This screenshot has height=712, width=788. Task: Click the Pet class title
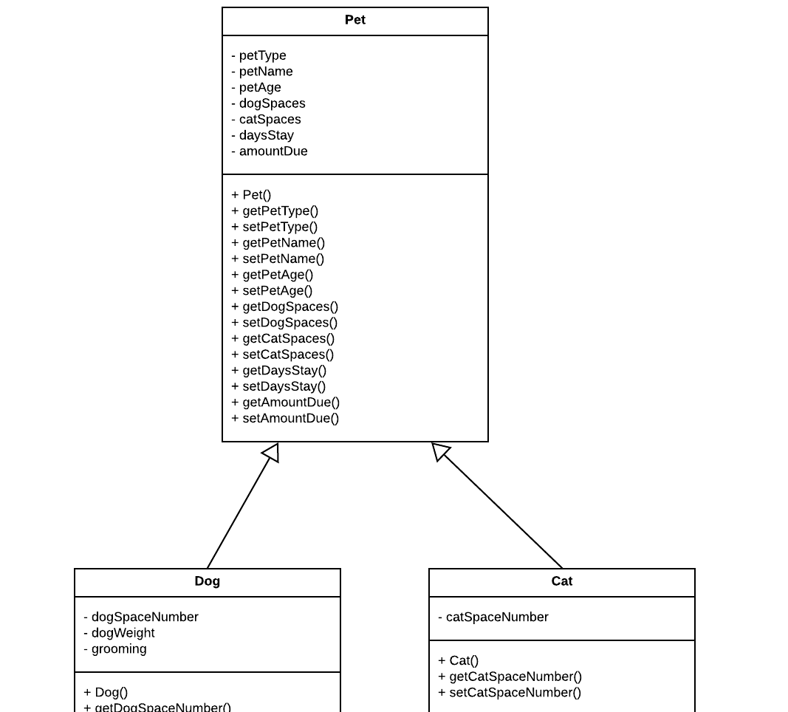[354, 20]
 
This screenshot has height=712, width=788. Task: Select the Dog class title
[207, 581]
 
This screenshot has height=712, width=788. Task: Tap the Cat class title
[561, 581]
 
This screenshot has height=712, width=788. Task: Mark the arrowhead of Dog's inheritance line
[271, 451]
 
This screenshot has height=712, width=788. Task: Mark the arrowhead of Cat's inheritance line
[440, 451]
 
